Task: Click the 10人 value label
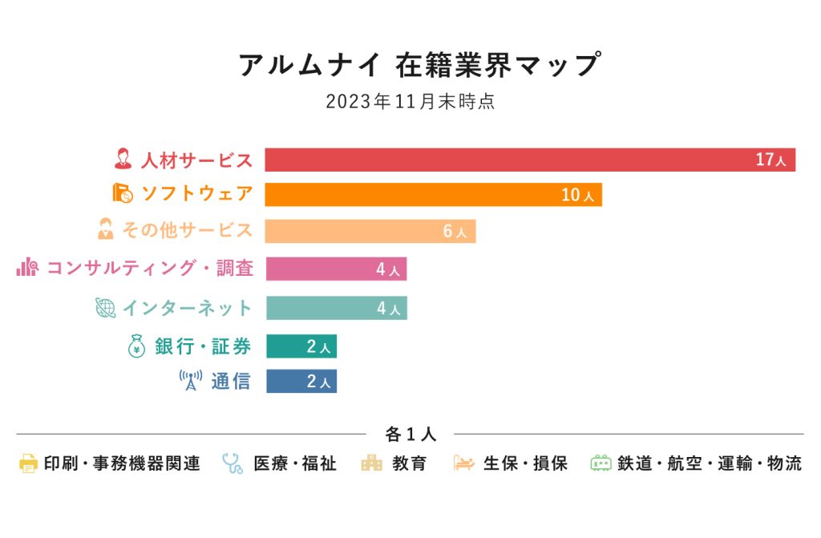(577, 195)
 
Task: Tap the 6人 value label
(455, 232)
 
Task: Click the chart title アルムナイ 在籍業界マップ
(419, 65)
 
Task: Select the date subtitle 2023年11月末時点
(410, 102)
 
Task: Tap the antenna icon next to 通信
(190, 381)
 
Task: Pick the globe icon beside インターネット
(105, 308)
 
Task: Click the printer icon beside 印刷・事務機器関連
(28, 463)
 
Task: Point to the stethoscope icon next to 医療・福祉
(233, 463)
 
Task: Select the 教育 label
(410, 463)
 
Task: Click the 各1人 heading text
(410, 435)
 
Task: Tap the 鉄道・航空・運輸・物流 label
(709, 463)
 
